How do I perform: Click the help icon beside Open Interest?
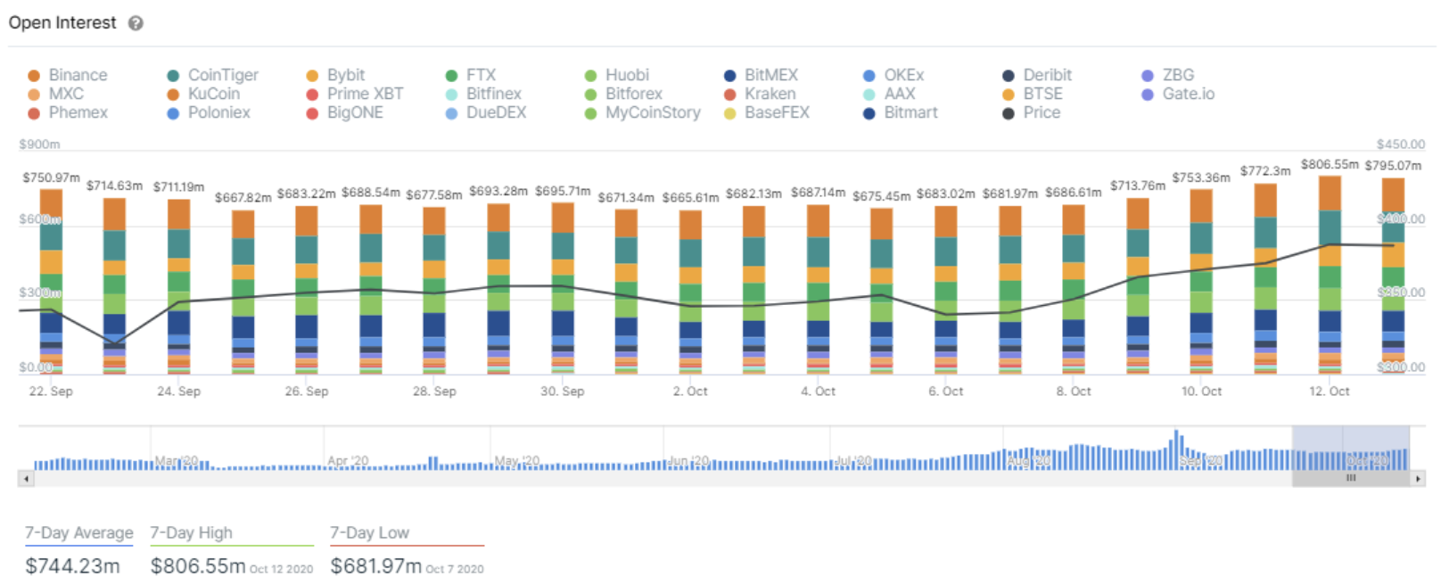[136, 23]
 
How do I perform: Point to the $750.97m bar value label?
[51, 177]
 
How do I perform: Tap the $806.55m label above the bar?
[1330, 164]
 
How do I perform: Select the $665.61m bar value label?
[690, 197]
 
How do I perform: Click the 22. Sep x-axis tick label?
[51, 391]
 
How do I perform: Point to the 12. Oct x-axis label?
[1329, 391]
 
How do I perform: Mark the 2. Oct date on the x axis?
[690, 391]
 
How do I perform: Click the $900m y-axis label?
[39, 144]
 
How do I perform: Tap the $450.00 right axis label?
[1400, 144]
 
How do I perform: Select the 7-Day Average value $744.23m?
[72, 566]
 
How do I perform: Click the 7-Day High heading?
[191, 532]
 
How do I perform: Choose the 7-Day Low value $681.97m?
[375, 566]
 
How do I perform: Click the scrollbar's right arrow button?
[1418, 479]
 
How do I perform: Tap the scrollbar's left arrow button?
[26, 479]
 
